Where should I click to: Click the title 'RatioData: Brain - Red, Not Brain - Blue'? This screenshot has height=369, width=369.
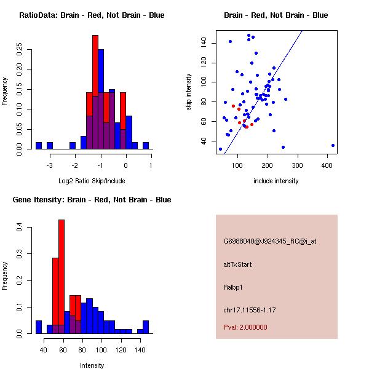[x=92, y=15]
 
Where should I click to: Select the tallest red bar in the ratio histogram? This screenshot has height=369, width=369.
[x=95, y=92]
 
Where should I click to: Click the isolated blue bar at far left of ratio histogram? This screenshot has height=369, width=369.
[x=39, y=146]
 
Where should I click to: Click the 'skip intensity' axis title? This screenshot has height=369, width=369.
[x=189, y=92]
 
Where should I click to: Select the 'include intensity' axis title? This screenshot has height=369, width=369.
[x=276, y=181]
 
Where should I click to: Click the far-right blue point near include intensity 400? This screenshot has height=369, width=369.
[x=333, y=146]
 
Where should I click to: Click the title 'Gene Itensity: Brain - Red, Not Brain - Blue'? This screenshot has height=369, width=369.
[x=92, y=200]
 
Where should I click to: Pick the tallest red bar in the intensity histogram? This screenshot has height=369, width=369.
[x=61, y=277]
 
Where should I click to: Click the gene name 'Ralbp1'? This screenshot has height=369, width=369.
[x=233, y=287]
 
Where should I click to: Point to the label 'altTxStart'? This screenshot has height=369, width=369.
[x=237, y=265]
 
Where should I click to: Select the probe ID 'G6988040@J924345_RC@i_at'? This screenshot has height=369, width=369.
[x=270, y=242]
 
